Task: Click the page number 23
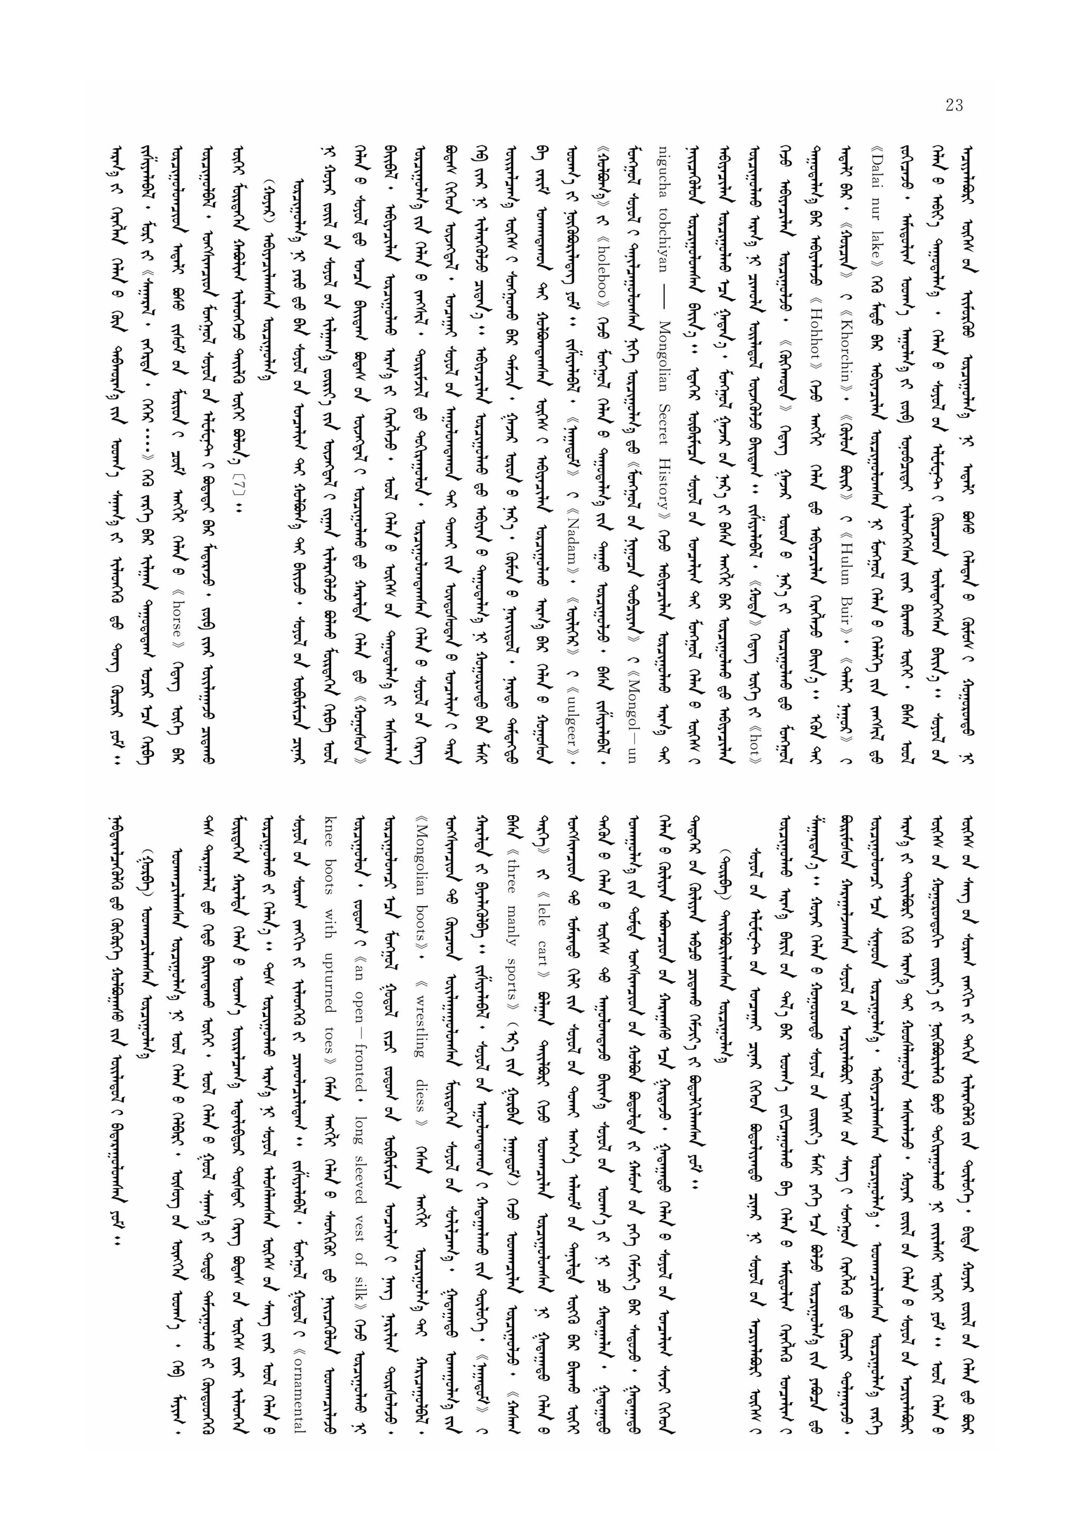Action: pos(954,105)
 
